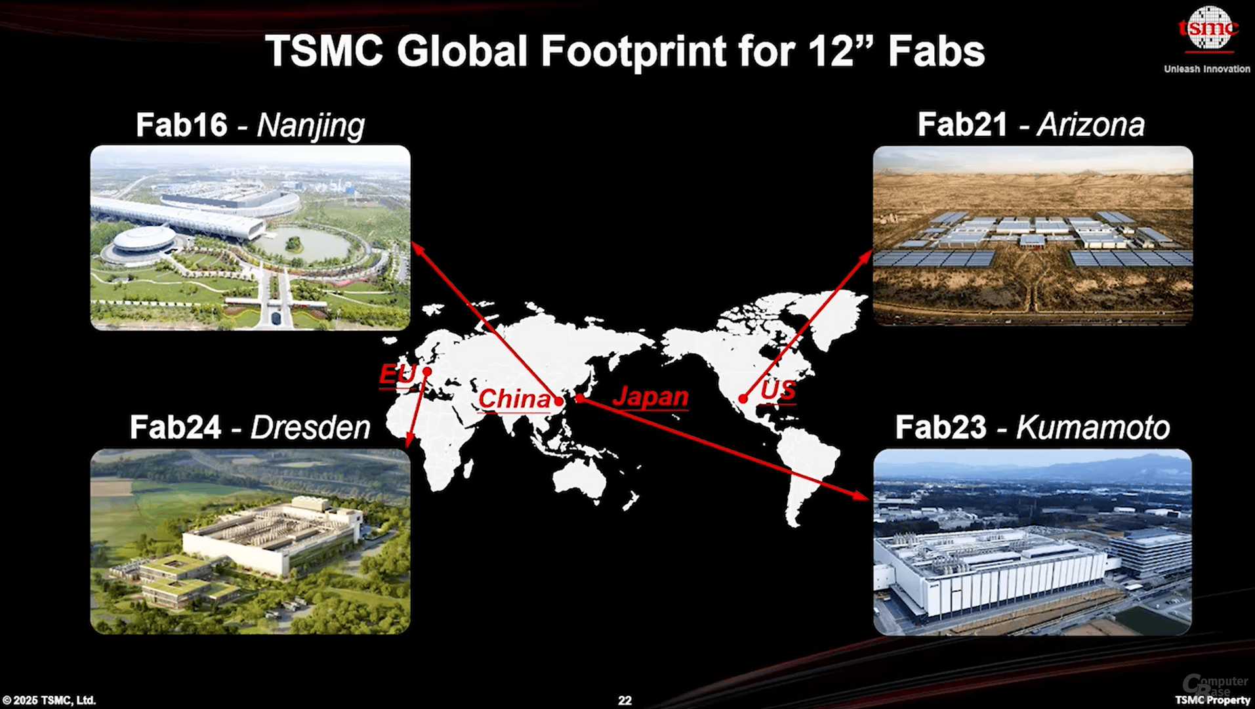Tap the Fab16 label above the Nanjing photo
point(182,125)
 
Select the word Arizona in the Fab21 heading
point(1092,124)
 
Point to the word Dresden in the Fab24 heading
point(310,427)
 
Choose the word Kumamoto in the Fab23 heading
point(1093,427)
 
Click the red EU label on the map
point(398,374)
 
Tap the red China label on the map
point(514,398)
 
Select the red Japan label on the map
point(650,397)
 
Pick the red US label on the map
point(778,391)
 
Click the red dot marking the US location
point(743,398)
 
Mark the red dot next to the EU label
point(427,372)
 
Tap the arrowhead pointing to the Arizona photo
point(865,257)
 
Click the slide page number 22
point(625,700)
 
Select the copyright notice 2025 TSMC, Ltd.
point(49,700)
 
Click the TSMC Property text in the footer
point(1212,700)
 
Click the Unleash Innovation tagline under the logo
point(1207,69)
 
